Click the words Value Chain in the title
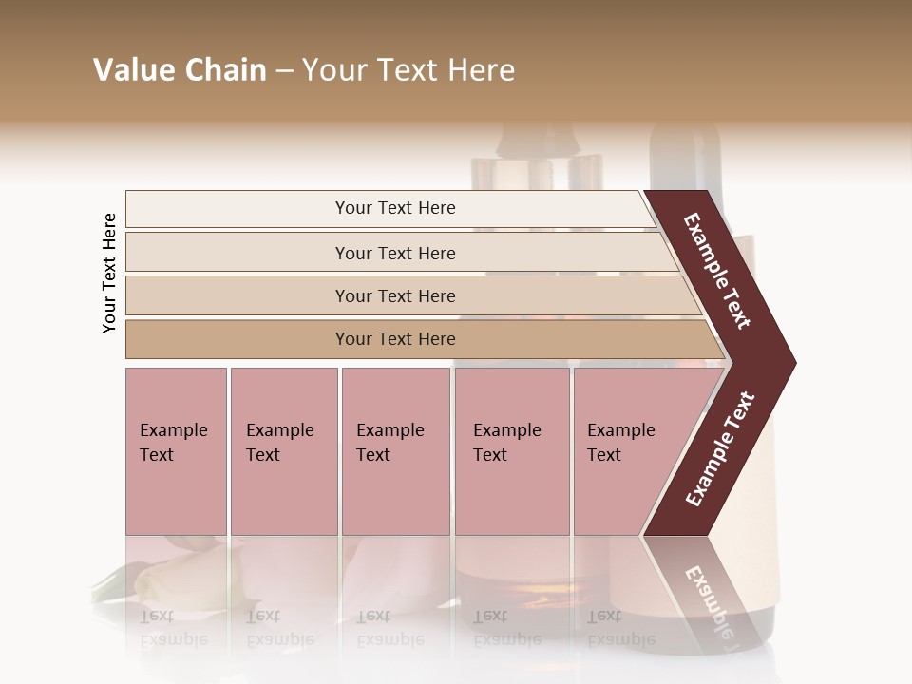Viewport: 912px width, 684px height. tap(180, 70)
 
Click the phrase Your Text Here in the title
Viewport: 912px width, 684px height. tap(408, 70)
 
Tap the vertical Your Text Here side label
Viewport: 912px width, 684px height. tap(110, 273)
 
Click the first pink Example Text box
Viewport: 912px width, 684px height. tap(176, 451)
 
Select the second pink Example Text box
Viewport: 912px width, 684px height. tap(283, 451)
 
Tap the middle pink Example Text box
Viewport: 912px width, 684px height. tap(395, 451)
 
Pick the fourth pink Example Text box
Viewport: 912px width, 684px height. tap(512, 451)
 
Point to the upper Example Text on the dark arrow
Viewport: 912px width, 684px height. tap(717, 271)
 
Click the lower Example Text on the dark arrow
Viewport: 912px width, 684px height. tap(720, 449)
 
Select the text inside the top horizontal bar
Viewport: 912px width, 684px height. tap(395, 208)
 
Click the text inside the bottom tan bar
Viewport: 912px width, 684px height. tap(395, 339)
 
